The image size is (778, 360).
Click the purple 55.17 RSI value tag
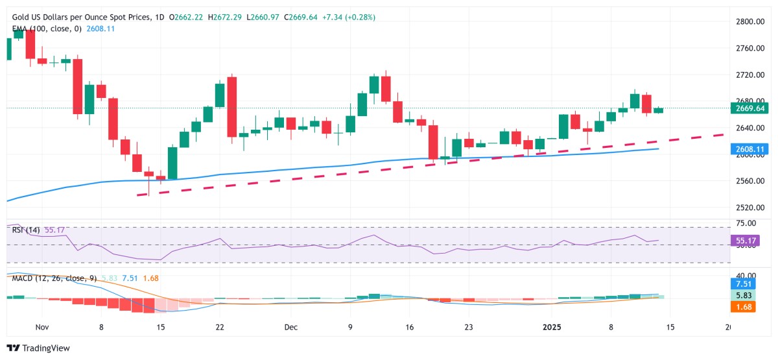[748, 241]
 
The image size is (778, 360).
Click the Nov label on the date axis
[42, 328]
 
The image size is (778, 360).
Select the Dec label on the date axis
[291, 328]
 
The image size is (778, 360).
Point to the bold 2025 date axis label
[551, 328]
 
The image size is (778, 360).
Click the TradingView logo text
[39, 348]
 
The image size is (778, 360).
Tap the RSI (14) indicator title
[26, 229]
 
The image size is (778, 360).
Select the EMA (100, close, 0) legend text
[47, 29]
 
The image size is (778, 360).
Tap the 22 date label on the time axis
[219, 328]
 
